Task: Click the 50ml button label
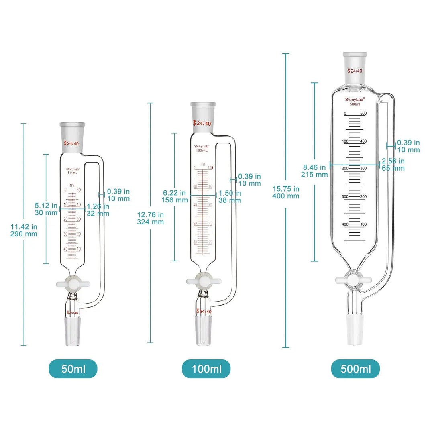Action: [73, 369]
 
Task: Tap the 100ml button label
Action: [206, 369]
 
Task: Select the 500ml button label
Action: [355, 369]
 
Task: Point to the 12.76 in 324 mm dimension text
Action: [150, 218]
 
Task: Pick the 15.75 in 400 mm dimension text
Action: [286, 192]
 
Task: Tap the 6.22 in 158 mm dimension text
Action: [175, 196]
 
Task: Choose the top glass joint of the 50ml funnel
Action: [73, 138]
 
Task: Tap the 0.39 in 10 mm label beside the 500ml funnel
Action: [408, 146]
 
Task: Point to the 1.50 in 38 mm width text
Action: [230, 196]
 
